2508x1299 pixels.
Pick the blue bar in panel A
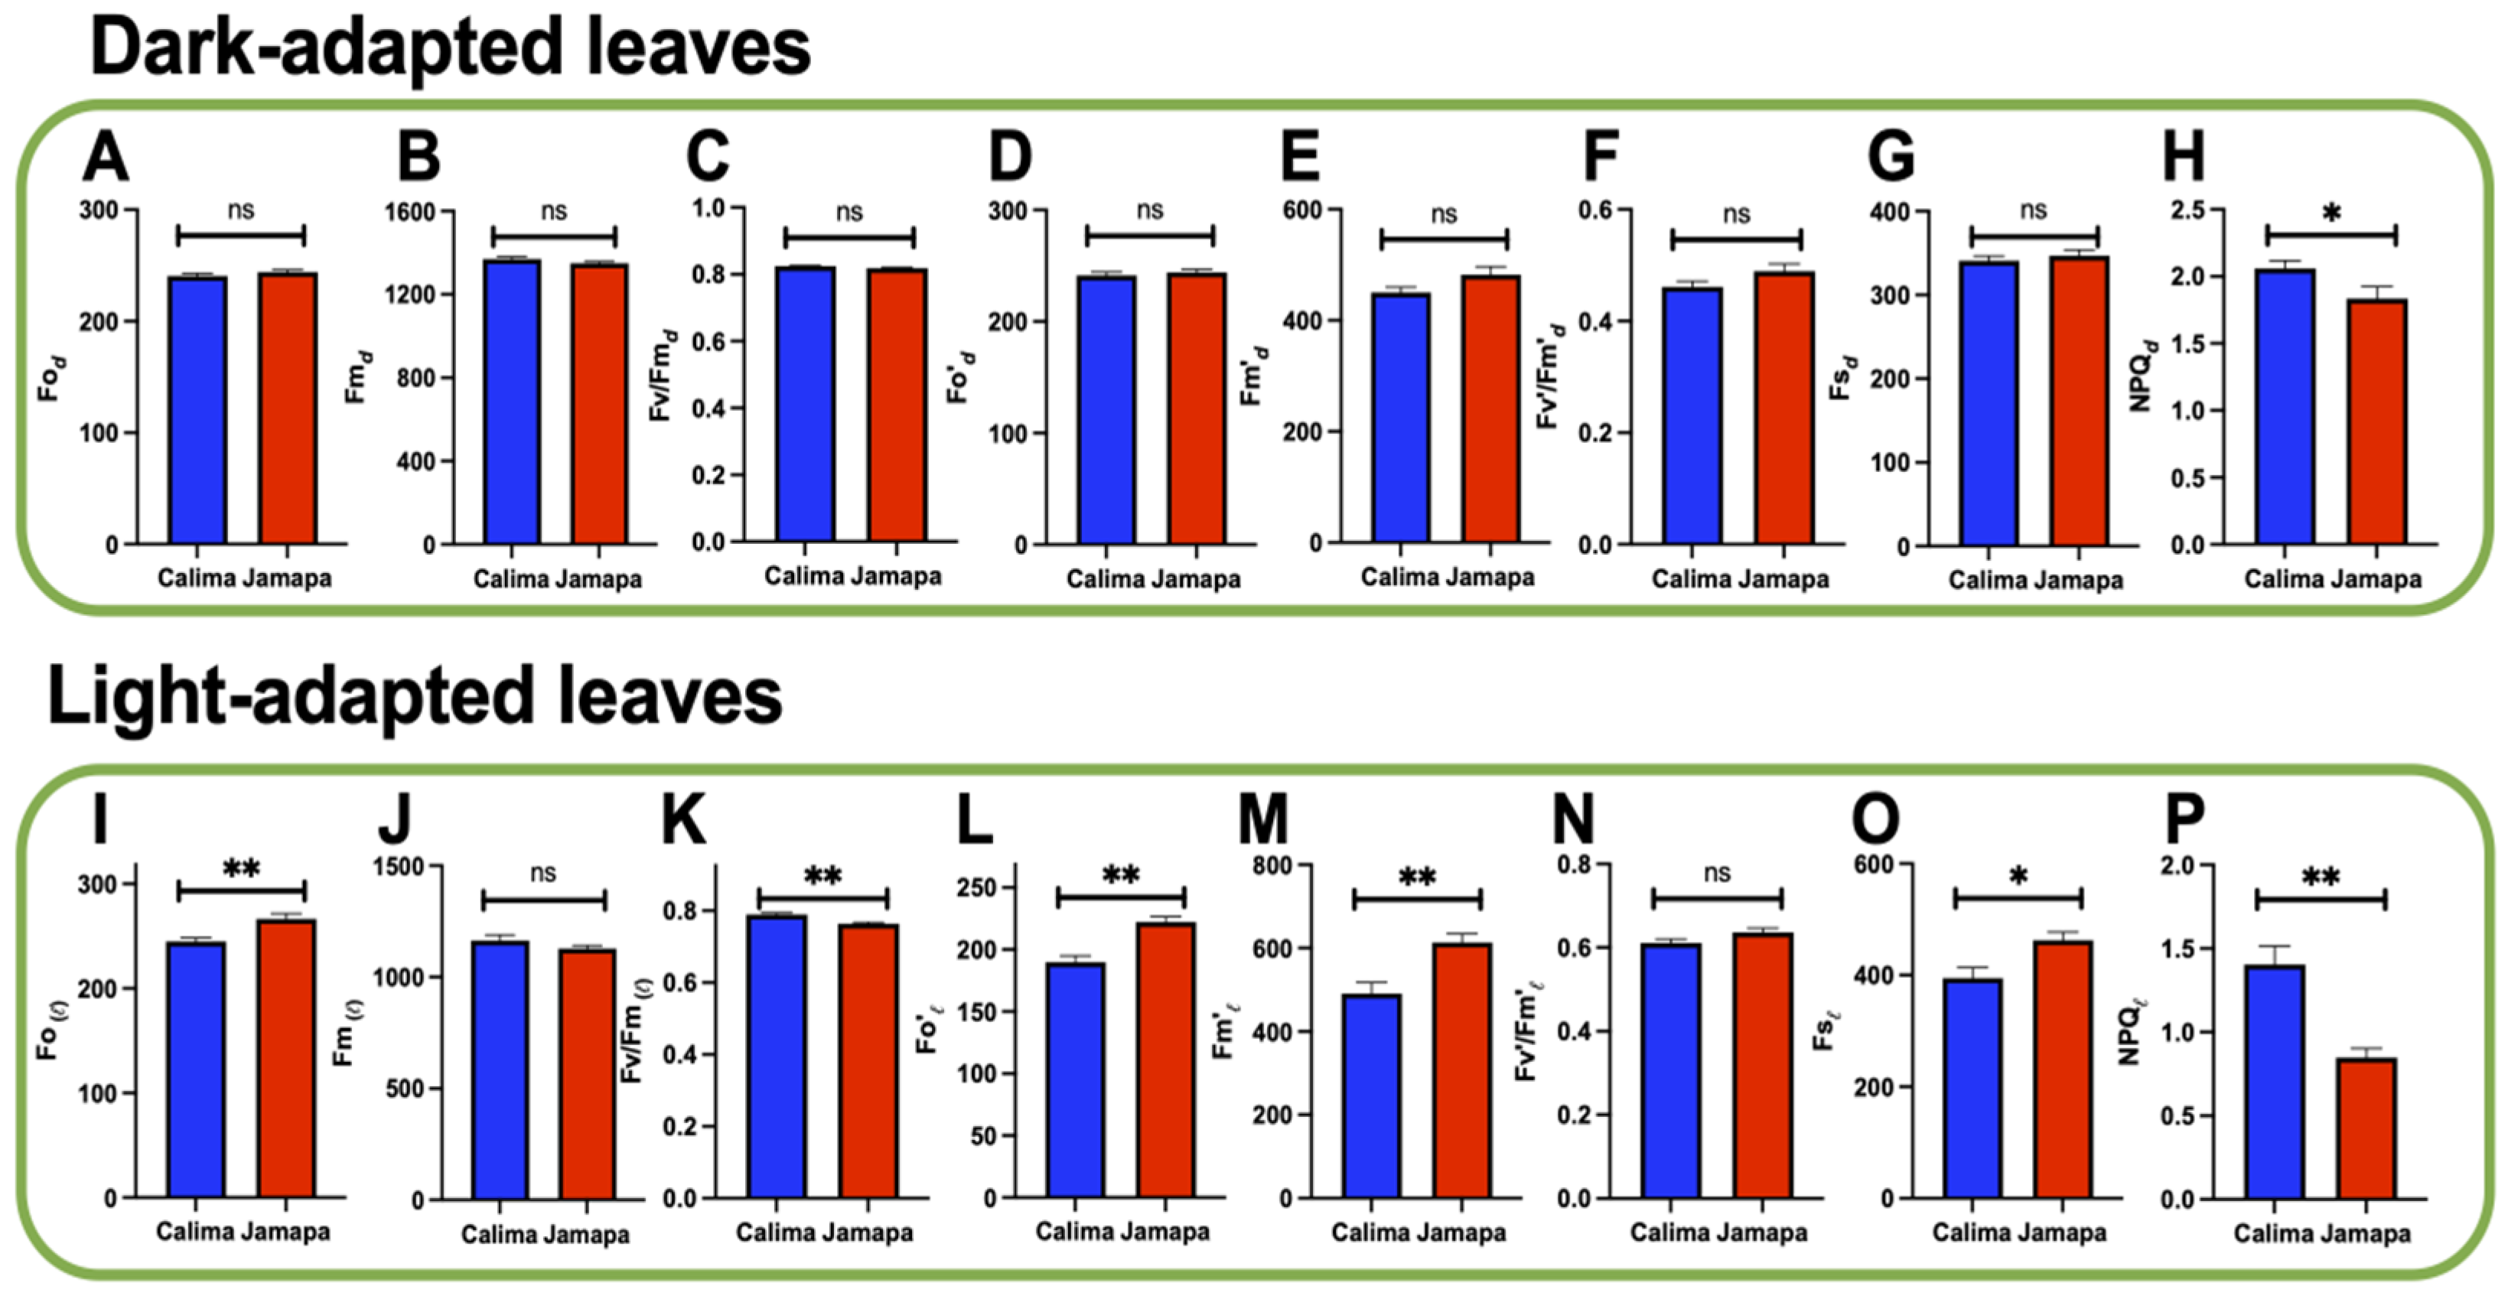197,409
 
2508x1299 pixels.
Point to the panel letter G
1891,158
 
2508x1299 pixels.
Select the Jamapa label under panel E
1490,578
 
